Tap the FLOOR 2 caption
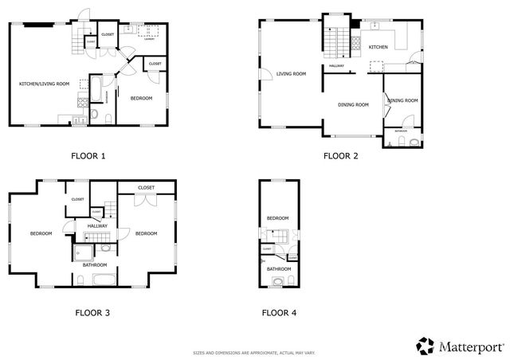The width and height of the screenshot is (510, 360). pyautogui.click(x=340, y=155)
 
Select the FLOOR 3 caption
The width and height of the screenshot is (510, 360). pyautogui.click(x=92, y=312)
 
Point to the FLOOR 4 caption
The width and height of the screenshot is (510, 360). pyautogui.click(x=279, y=312)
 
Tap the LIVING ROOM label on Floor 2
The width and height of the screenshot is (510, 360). pyautogui.click(x=291, y=74)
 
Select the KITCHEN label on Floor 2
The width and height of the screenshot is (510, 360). pyautogui.click(x=379, y=47)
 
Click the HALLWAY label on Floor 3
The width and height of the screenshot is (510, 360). pyautogui.click(x=97, y=226)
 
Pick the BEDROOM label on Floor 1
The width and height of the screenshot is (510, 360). pyautogui.click(x=141, y=97)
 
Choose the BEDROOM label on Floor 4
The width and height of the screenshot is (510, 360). pyautogui.click(x=277, y=217)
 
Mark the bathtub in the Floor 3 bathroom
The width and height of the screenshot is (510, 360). pyautogui.click(x=104, y=279)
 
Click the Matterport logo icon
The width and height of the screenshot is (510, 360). pyautogui.click(x=424, y=346)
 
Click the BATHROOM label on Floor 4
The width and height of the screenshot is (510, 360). pyautogui.click(x=279, y=269)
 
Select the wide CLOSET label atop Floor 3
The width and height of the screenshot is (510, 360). pyautogui.click(x=145, y=187)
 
